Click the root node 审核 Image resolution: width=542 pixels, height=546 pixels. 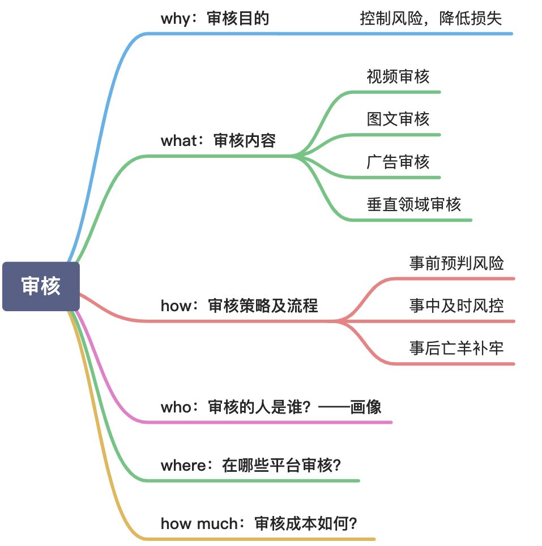(41, 286)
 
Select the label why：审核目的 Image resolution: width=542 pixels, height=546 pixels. (215, 19)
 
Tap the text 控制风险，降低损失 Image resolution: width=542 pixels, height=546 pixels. (431, 19)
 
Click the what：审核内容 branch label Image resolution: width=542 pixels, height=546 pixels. (218, 140)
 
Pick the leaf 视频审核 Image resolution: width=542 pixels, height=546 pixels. (398, 76)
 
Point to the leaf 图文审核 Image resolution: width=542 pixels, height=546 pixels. (398, 119)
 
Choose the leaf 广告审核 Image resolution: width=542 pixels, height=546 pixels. (398, 162)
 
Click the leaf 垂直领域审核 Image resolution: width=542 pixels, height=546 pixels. (414, 204)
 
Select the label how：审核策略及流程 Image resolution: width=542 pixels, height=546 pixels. (239, 306)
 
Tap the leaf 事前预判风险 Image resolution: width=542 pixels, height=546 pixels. (456, 263)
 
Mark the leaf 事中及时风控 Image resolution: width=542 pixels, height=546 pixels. (456, 306)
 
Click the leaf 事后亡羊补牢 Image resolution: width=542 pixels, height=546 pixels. (456, 348)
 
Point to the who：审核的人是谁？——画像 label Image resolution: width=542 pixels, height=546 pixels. (271, 407)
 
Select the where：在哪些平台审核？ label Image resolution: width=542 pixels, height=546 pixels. (251, 465)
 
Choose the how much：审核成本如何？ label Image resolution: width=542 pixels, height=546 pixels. (259, 523)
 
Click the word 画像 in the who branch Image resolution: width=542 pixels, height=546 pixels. (366, 407)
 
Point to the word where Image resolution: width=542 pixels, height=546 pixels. (182, 465)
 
